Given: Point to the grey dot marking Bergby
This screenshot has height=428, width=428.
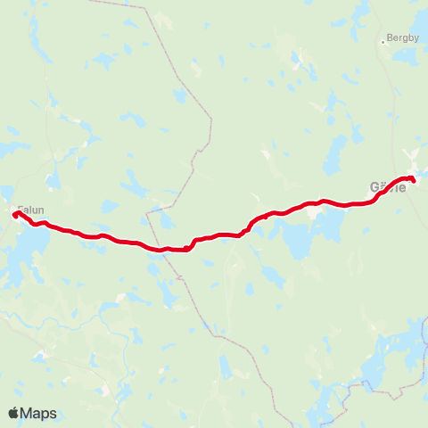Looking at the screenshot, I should (x=383, y=40).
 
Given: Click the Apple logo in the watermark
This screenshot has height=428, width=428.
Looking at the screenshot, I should (x=14, y=413).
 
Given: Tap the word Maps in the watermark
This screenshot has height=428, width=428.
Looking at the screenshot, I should (x=39, y=413).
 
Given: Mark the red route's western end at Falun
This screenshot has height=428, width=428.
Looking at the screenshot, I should (x=15, y=213).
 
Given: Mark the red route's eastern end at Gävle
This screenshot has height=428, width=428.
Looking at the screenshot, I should (x=413, y=182).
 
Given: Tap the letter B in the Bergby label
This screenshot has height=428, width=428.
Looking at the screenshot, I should (x=389, y=39).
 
